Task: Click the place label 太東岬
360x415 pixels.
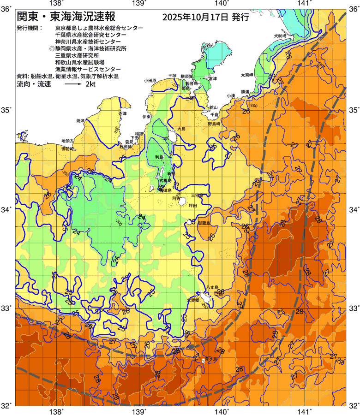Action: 247,75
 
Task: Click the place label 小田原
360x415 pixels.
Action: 150,80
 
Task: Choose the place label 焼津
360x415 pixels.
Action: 80,120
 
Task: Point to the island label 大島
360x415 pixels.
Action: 181,129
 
